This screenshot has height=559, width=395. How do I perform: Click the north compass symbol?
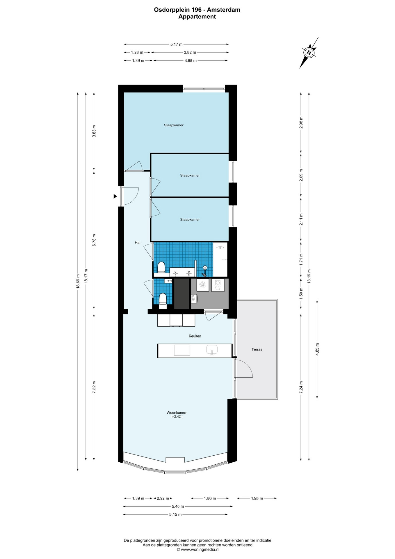309,53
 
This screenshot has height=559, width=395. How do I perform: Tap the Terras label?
257,349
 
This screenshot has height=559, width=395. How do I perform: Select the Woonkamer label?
177,413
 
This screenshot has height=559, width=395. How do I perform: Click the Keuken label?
195,336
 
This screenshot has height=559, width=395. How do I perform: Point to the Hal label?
138,243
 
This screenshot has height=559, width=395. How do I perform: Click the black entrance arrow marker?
115,197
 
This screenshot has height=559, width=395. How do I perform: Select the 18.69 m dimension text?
78,281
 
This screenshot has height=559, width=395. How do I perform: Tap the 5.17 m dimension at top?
177,45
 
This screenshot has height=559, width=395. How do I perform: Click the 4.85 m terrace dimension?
317,349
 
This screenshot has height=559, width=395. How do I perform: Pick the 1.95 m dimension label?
257,498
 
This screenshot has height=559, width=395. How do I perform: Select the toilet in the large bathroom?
161,267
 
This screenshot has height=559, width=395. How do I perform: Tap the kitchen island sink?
212,350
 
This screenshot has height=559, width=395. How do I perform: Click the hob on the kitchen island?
182,350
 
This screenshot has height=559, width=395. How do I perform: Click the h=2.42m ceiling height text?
177,417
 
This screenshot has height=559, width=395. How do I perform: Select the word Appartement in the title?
197,17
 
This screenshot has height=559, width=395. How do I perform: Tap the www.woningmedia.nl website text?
200,550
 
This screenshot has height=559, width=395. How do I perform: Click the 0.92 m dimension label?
163,498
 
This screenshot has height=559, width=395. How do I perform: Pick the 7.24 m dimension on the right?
301,388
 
